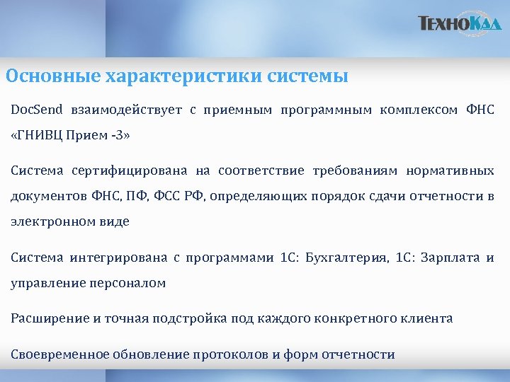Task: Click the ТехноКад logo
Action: [x=460, y=24]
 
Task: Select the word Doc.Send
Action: [x=37, y=110]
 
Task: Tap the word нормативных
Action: [x=450, y=170]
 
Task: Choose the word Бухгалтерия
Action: [x=346, y=257]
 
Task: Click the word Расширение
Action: [x=49, y=318]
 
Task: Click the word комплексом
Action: [x=421, y=110]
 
